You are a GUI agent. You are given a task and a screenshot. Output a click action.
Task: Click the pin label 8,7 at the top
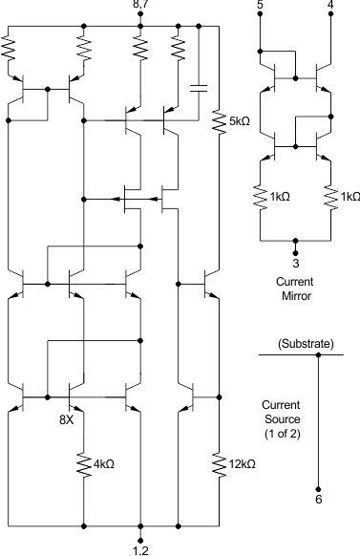[x=141, y=8]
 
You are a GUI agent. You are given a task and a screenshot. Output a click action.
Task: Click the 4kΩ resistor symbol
[x=84, y=464]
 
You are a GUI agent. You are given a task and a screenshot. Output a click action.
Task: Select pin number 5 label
[x=260, y=8]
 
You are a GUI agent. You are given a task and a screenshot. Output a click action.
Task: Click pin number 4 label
[x=330, y=8]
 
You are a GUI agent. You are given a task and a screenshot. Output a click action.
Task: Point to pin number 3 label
[x=295, y=263]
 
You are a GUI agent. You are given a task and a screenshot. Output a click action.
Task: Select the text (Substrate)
[x=305, y=342]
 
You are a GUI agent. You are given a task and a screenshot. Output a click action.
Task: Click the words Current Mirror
[x=295, y=289]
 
